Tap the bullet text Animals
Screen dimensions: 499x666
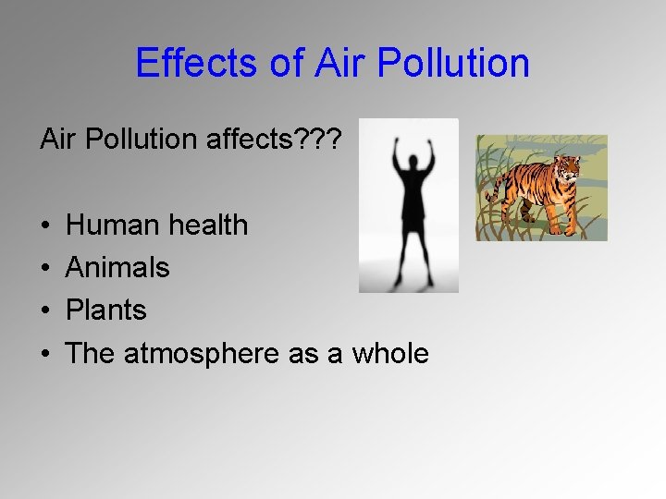[x=118, y=268]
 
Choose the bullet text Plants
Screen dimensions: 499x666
[x=106, y=310]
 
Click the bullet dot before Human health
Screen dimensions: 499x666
[x=45, y=225]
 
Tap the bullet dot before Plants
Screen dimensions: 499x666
[x=45, y=311]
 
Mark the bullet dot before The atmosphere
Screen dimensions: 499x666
[x=45, y=354]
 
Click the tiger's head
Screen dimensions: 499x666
[x=565, y=168]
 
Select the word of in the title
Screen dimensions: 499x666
[x=281, y=63]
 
